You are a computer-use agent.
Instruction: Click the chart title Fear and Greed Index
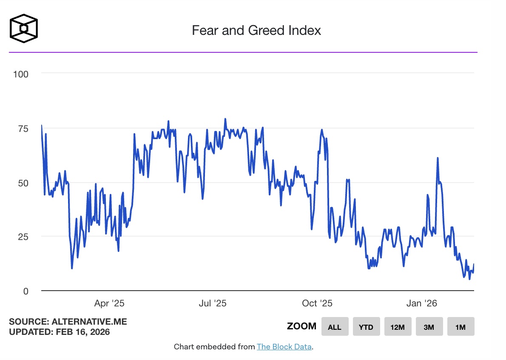(256, 30)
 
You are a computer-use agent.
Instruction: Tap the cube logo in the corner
(24, 29)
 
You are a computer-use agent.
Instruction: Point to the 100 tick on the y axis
(20, 74)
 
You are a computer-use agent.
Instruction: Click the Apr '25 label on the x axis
(109, 303)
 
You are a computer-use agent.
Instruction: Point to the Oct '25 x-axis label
(317, 303)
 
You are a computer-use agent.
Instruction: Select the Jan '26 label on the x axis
(421, 303)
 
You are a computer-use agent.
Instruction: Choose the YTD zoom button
(366, 327)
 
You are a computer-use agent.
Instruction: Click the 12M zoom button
(398, 327)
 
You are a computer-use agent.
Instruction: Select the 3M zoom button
(429, 327)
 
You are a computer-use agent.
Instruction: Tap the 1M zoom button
(461, 327)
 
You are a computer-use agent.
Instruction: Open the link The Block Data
(284, 347)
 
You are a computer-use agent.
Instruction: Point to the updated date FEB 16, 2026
(82, 332)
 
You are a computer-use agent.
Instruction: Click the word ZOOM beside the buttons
(301, 326)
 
